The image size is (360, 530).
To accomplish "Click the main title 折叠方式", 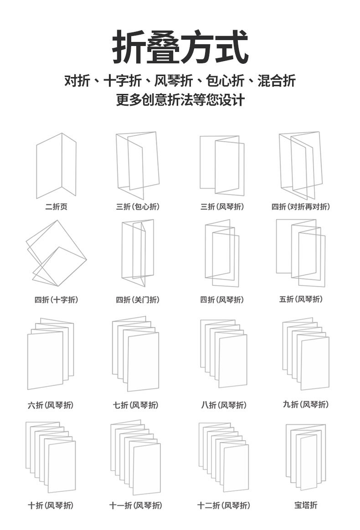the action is tap(180, 47).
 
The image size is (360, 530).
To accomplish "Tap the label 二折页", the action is tap(57, 207).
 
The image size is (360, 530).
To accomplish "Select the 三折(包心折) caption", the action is tap(138, 207).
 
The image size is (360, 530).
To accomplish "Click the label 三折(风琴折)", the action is tap(222, 207).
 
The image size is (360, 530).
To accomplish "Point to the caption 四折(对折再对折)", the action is tap(301, 207).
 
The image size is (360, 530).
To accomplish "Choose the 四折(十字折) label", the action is tap(57, 300).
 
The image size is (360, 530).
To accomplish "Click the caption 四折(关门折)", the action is tap(138, 300).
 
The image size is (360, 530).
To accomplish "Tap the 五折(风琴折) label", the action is tap(301, 299).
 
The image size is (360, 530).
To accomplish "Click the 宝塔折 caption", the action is tap(306, 505).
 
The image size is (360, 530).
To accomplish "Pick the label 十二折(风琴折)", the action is tap(224, 505).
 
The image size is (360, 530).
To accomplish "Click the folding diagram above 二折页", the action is tap(56, 166).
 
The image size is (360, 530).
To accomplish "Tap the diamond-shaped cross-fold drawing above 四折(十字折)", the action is tap(56, 253).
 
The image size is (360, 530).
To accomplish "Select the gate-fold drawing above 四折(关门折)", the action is tap(138, 253).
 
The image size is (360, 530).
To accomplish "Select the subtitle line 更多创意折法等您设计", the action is tap(180, 100).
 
